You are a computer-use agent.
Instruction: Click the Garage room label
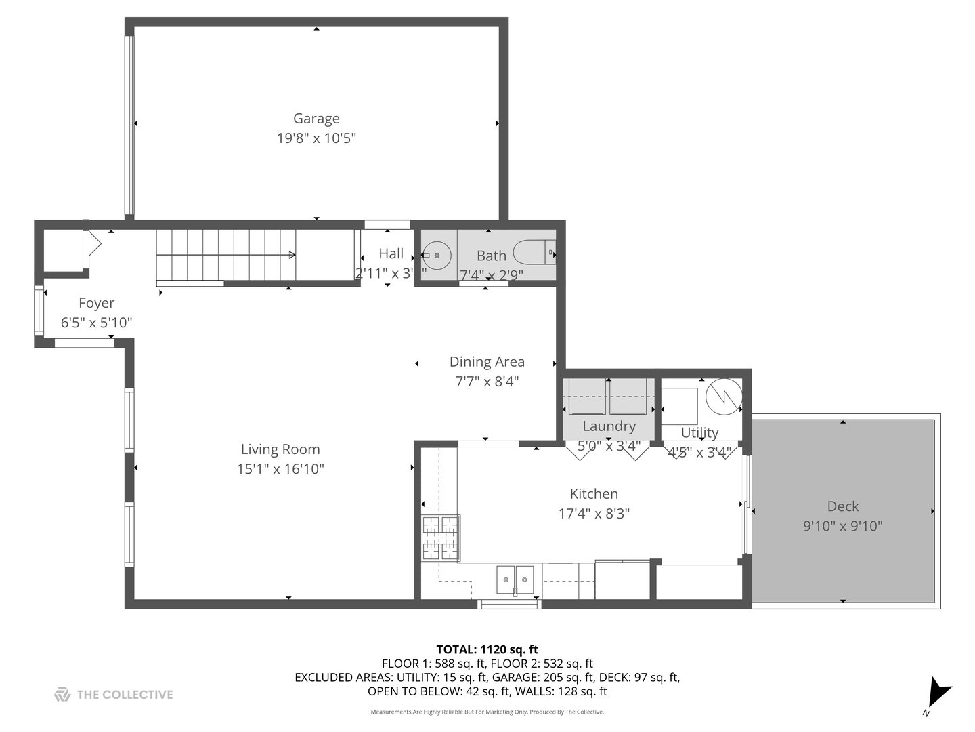[316, 119]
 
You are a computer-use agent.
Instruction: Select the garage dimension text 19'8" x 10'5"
[316, 138]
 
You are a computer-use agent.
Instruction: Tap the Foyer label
[96, 303]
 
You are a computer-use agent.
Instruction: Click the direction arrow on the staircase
[291, 255]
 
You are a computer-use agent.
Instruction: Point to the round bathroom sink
[437, 256]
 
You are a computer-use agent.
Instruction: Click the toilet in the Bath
[535, 253]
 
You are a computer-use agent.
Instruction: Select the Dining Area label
[487, 362]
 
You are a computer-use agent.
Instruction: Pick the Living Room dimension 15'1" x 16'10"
[280, 468]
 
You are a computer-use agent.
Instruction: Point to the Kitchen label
[594, 494]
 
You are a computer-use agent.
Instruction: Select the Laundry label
[609, 426]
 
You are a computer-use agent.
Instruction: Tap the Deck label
[842, 506]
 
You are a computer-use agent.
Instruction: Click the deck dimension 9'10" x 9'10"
[842, 526]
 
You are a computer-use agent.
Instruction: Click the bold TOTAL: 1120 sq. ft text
[487, 649]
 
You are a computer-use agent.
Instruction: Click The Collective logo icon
[62, 694]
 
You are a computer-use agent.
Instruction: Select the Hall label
[391, 253]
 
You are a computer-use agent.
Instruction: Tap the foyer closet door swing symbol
[93, 244]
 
